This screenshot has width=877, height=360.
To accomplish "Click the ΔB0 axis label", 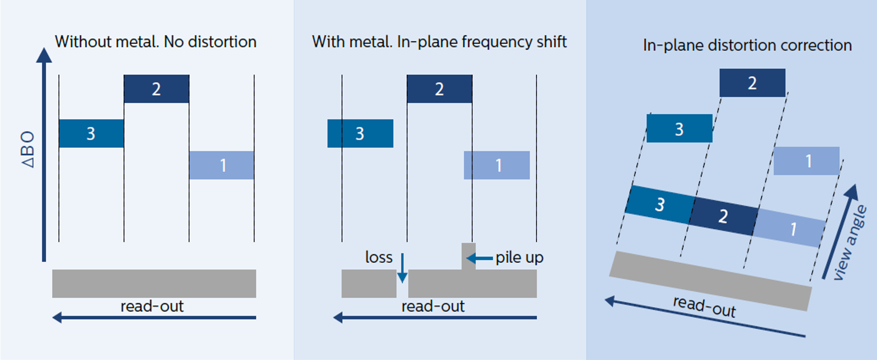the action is (27, 149).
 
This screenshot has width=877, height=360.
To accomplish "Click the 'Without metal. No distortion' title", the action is (156, 42).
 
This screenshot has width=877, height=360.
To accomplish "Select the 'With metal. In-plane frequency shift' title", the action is (439, 42).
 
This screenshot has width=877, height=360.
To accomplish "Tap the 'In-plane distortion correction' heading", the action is (747, 45).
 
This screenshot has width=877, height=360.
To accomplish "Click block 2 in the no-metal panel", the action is (157, 89).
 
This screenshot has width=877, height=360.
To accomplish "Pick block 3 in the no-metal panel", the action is (91, 134).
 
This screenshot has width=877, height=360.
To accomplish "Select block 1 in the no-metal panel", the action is (222, 165).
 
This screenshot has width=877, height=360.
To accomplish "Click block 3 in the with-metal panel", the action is (360, 134).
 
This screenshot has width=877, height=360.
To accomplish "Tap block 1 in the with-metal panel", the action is (497, 165).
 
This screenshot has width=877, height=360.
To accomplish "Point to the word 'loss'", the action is (379, 257).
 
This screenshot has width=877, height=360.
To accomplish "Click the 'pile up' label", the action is (519, 257).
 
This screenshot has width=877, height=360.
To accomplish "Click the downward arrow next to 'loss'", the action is (402, 268).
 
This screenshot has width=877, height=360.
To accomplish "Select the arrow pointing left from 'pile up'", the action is (479, 258).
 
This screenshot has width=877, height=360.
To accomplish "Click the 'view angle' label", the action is (850, 242).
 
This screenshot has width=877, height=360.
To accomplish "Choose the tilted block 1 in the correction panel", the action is (790, 228).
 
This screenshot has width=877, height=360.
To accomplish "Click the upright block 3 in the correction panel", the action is (679, 129).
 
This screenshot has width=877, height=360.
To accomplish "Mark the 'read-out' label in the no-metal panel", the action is (152, 306).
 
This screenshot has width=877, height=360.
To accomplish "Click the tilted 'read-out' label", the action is (704, 306).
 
